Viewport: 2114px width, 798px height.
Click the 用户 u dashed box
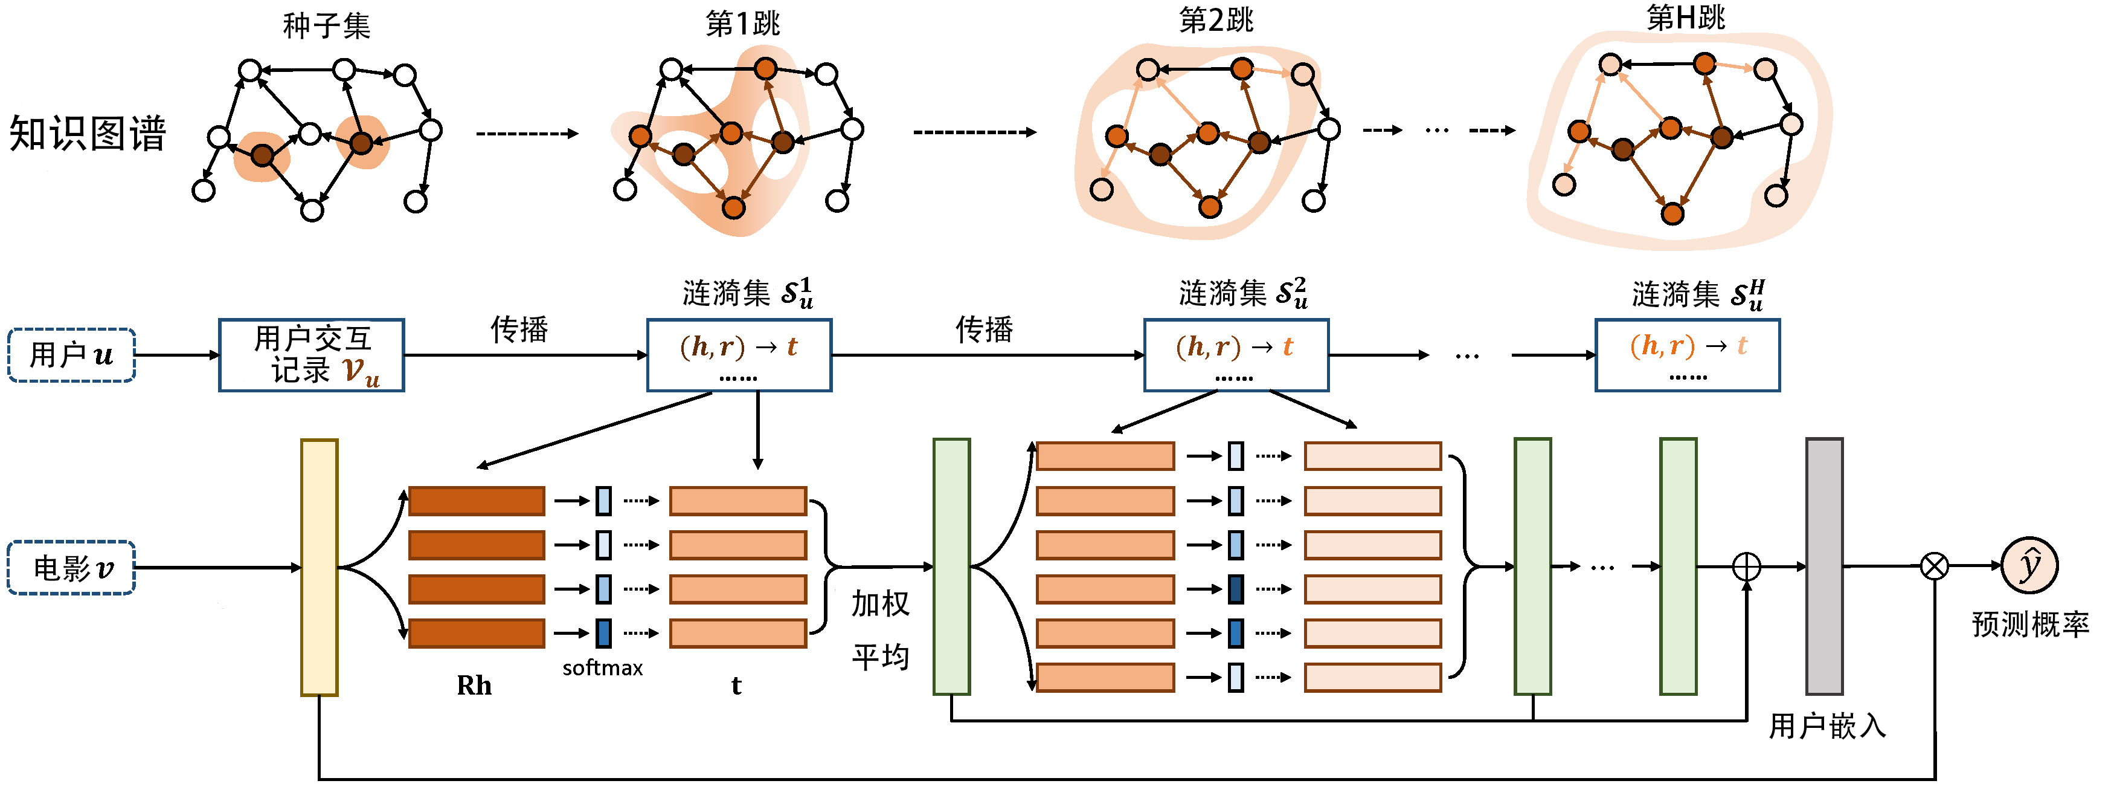(x=71, y=355)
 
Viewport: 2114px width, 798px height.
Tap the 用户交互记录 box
(x=312, y=355)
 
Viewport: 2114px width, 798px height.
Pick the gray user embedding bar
(x=1824, y=566)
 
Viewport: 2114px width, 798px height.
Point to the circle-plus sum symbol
(x=1746, y=566)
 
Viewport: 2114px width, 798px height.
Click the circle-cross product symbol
(x=1934, y=566)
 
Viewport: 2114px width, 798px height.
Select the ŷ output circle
(x=2029, y=566)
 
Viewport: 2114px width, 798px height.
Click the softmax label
(x=602, y=668)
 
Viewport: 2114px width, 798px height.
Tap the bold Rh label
(x=474, y=686)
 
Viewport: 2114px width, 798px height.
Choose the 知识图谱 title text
(x=88, y=133)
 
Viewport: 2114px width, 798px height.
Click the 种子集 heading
(x=327, y=26)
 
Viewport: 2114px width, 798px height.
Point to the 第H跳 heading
(x=1686, y=18)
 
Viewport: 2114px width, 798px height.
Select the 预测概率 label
(x=2030, y=624)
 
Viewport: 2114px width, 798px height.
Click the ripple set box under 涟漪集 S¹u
(x=739, y=355)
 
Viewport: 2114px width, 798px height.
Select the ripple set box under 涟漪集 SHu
(x=1687, y=355)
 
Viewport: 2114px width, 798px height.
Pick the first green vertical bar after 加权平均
(x=952, y=566)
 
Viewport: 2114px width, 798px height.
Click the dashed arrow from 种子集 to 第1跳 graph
(x=527, y=134)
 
